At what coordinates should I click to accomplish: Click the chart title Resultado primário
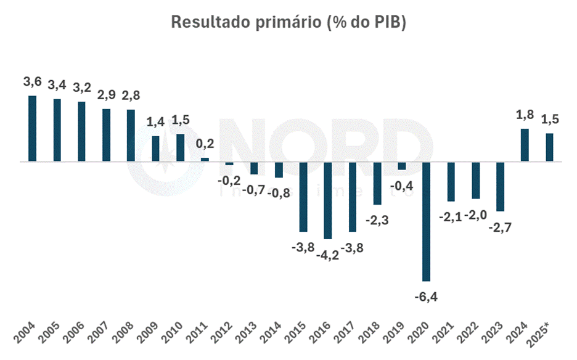(x=288, y=22)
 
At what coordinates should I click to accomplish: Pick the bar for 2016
(x=328, y=200)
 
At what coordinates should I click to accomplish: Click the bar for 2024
(x=525, y=145)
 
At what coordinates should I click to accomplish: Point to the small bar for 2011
(x=205, y=160)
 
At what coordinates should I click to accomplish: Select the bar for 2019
(x=402, y=166)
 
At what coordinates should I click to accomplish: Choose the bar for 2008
(x=131, y=136)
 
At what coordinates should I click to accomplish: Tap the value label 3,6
(x=33, y=81)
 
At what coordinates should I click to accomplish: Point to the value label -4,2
(x=327, y=255)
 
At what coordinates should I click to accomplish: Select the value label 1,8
(x=525, y=114)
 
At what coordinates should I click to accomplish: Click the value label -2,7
(x=501, y=227)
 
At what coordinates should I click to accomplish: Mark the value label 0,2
(x=205, y=144)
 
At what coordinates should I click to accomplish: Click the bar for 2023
(x=500, y=187)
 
